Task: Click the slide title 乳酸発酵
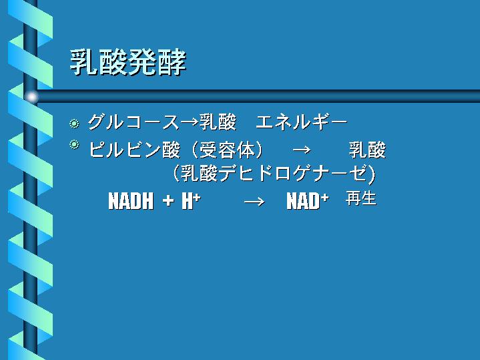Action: pos(128,63)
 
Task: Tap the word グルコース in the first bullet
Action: pos(134,122)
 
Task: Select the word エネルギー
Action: pos(302,122)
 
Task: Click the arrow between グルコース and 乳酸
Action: pos(190,123)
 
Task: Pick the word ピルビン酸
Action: pos(134,150)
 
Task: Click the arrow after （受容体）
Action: pos(302,150)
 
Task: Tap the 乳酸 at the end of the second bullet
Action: pos(367,150)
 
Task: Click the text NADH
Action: pos(131,201)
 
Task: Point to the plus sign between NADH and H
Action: pos(168,201)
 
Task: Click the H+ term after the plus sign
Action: pos(191,201)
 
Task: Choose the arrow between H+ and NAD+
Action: pos(255,202)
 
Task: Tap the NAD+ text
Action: pos(308,201)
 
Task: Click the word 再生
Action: pos(361,198)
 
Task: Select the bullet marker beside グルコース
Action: pos(74,124)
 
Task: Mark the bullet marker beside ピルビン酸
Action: pos(74,144)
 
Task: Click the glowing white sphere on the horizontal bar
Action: pos(31,97)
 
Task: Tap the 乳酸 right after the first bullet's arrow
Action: pos(218,122)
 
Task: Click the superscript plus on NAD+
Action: pos(325,198)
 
